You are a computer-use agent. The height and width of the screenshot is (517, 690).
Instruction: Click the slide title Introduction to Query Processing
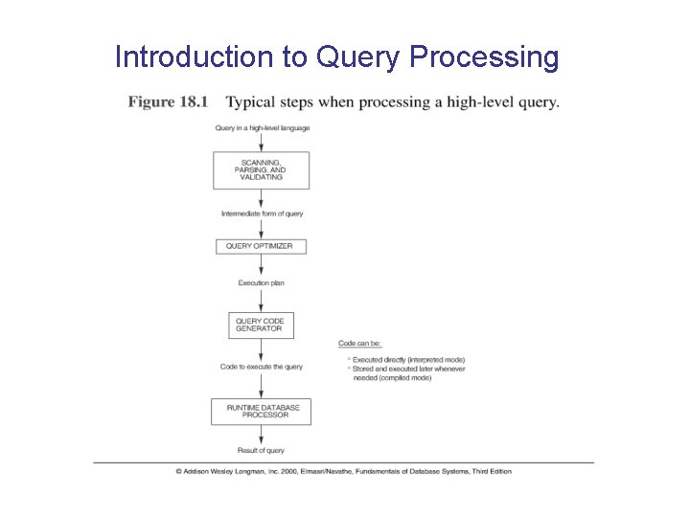click(x=336, y=56)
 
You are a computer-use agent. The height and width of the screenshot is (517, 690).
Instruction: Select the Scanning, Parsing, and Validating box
click(x=261, y=170)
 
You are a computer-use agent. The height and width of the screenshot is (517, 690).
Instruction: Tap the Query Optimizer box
click(x=261, y=246)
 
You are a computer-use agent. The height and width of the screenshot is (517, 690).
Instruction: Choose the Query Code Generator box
click(x=261, y=325)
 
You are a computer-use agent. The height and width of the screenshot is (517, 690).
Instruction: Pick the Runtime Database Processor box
click(x=261, y=412)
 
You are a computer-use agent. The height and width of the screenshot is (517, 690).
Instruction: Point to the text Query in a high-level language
click(x=262, y=127)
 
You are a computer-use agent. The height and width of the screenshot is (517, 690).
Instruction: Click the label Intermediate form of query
click(x=262, y=214)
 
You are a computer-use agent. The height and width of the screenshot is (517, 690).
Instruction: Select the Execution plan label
click(x=262, y=282)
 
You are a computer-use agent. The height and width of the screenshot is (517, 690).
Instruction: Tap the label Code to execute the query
click(x=262, y=367)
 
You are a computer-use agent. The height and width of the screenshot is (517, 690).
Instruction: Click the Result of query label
click(x=262, y=450)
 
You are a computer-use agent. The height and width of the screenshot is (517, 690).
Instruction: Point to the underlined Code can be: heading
click(x=359, y=343)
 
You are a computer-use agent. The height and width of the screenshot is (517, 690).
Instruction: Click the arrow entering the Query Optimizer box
click(x=262, y=230)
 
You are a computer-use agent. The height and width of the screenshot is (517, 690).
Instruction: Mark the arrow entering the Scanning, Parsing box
click(x=262, y=142)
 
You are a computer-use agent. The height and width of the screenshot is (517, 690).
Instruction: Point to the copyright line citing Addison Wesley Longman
click(x=343, y=471)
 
